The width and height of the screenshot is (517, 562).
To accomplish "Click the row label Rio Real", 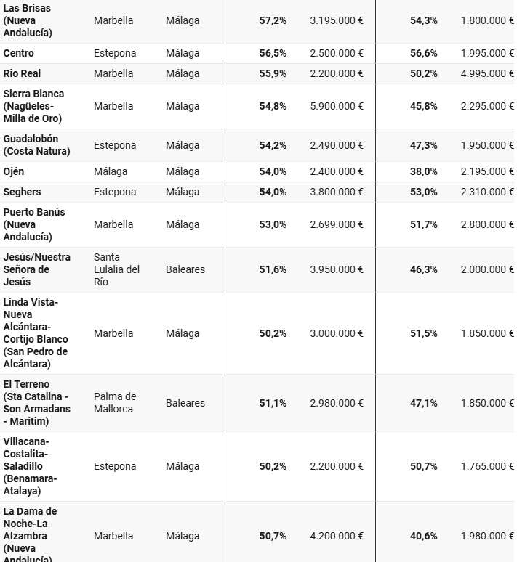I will coord(22,73).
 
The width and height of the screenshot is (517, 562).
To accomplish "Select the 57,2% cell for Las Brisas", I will coord(273,20).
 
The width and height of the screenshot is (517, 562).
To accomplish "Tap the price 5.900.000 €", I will coord(337,106).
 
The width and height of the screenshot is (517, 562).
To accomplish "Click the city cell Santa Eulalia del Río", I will coord(116,269).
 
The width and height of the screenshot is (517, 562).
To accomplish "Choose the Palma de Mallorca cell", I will coord(115,403).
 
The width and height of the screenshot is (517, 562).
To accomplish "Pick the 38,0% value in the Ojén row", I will coord(424,171).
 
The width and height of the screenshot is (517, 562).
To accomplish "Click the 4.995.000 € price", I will coord(487,73).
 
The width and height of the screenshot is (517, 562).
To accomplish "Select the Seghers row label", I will coord(22,192).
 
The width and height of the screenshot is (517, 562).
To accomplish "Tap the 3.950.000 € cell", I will coord(337,269).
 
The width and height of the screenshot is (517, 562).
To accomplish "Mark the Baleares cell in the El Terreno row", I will coord(185,403).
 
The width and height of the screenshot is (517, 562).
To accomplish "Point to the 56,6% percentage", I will coord(424,53).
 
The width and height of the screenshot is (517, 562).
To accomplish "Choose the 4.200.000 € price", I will coord(337,536).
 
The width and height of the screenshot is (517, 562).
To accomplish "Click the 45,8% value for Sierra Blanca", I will coord(424,106).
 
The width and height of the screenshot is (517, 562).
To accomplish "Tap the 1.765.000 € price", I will coord(487,466).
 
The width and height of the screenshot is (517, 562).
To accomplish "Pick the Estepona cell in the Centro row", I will coord(115,53).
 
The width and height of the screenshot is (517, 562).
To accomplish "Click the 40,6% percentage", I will coord(424,536).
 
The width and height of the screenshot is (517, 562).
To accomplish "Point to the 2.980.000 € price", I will coord(337,403).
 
